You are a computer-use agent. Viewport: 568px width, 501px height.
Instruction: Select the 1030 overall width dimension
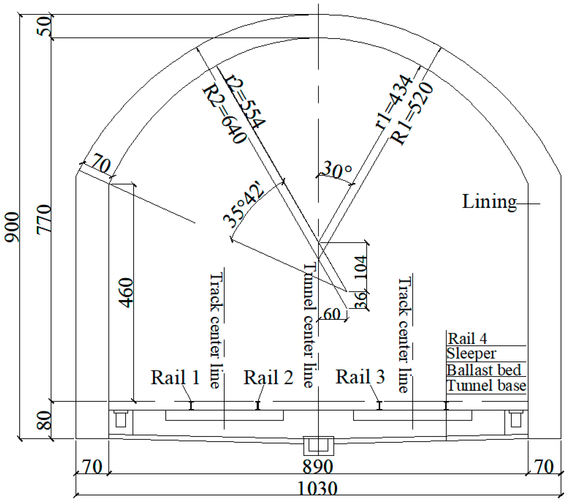click(x=317, y=489)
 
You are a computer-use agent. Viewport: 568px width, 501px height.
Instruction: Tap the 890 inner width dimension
click(x=317, y=467)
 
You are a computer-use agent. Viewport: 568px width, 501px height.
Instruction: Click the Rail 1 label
click(x=175, y=378)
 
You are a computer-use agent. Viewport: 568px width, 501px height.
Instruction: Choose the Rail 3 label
click(x=360, y=377)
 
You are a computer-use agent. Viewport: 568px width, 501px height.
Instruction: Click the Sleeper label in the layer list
click(x=471, y=354)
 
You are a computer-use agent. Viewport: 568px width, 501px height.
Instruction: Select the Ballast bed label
click(x=484, y=370)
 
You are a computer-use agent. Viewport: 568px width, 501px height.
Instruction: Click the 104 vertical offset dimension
click(x=361, y=267)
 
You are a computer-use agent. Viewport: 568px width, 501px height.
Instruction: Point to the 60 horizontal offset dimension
click(x=332, y=314)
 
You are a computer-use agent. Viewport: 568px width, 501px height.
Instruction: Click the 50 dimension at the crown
click(x=44, y=26)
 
